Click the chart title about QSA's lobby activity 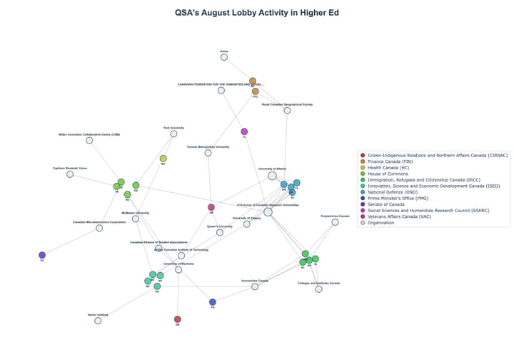point(256,12)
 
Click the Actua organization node point(224,56)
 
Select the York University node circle point(173,134)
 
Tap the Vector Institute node point(98,321)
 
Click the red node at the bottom point(178,319)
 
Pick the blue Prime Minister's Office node point(213,302)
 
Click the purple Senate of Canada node point(42,255)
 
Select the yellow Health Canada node point(163,159)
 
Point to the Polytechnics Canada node point(335,222)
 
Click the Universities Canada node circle point(255,286)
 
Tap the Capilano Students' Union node point(70,174)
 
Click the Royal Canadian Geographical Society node point(287,110)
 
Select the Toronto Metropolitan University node point(208,153)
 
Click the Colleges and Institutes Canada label point(318,283)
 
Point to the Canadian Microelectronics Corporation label point(99,222)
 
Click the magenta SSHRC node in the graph point(244,131)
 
